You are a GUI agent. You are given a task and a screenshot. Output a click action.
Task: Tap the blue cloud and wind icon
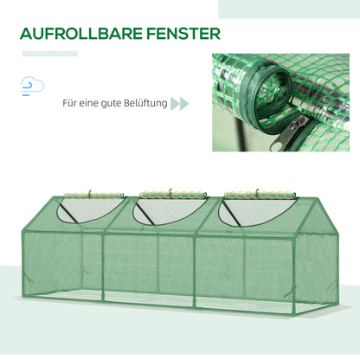pyautogui.click(x=33, y=86)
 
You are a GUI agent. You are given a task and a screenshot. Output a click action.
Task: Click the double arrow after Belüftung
pyautogui.click(x=179, y=104)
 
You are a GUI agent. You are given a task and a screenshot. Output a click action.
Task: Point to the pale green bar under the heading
pyautogui.click(x=49, y=54)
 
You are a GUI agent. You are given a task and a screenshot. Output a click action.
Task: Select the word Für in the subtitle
pyautogui.click(x=71, y=104)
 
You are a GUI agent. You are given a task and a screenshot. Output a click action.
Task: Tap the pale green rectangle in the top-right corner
pyautogui.click(x=289, y=9)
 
